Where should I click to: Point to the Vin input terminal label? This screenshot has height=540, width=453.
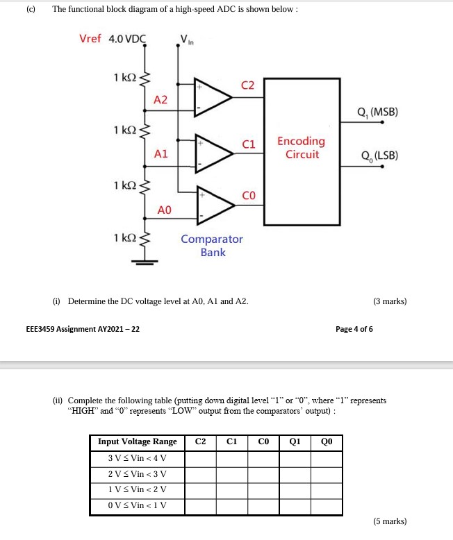[x=188, y=40]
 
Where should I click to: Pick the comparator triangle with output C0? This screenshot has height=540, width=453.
[x=214, y=201]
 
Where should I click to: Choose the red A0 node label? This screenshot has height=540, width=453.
[x=165, y=209]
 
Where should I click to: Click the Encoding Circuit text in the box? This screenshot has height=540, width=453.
[x=302, y=148]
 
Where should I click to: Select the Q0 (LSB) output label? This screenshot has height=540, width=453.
[x=376, y=155]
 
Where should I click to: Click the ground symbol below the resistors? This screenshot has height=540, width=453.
[x=145, y=261]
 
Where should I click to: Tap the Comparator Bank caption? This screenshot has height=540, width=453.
[x=213, y=246]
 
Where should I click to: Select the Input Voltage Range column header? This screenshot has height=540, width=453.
[x=138, y=442]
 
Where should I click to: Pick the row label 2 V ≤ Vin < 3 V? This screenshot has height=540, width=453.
[x=138, y=474]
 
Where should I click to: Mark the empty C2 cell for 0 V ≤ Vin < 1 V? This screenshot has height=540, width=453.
[x=201, y=506]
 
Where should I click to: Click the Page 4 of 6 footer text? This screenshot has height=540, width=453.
[x=354, y=328]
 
